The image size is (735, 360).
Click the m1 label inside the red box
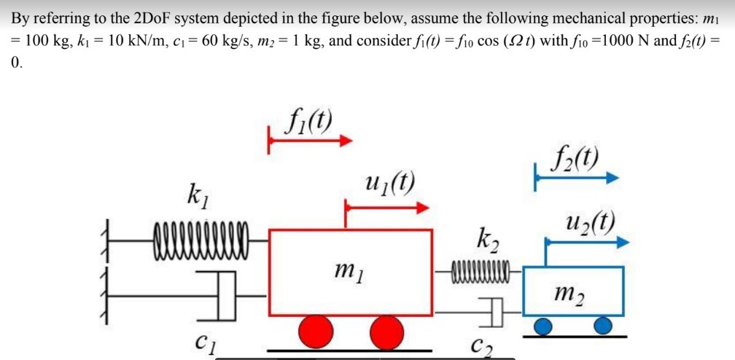click(348, 272)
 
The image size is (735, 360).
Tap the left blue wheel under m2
click(542, 326)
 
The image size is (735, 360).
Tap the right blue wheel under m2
click(602, 326)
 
